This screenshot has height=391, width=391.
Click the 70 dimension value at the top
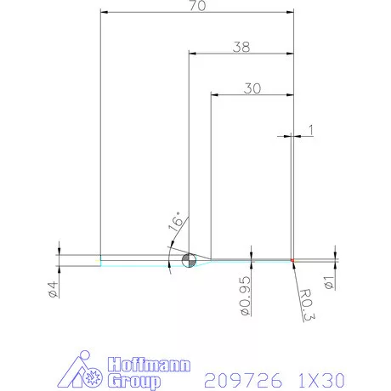[x=197, y=6]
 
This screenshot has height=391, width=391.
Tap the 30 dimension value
[x=252, y=87]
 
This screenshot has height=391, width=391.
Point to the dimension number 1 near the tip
[x=311, y=130]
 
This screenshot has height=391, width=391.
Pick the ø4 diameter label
[x=53, y=289]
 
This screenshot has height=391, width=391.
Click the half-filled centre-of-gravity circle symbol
[x=189, y=259]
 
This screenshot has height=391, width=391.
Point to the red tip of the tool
[x=292, y=259]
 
